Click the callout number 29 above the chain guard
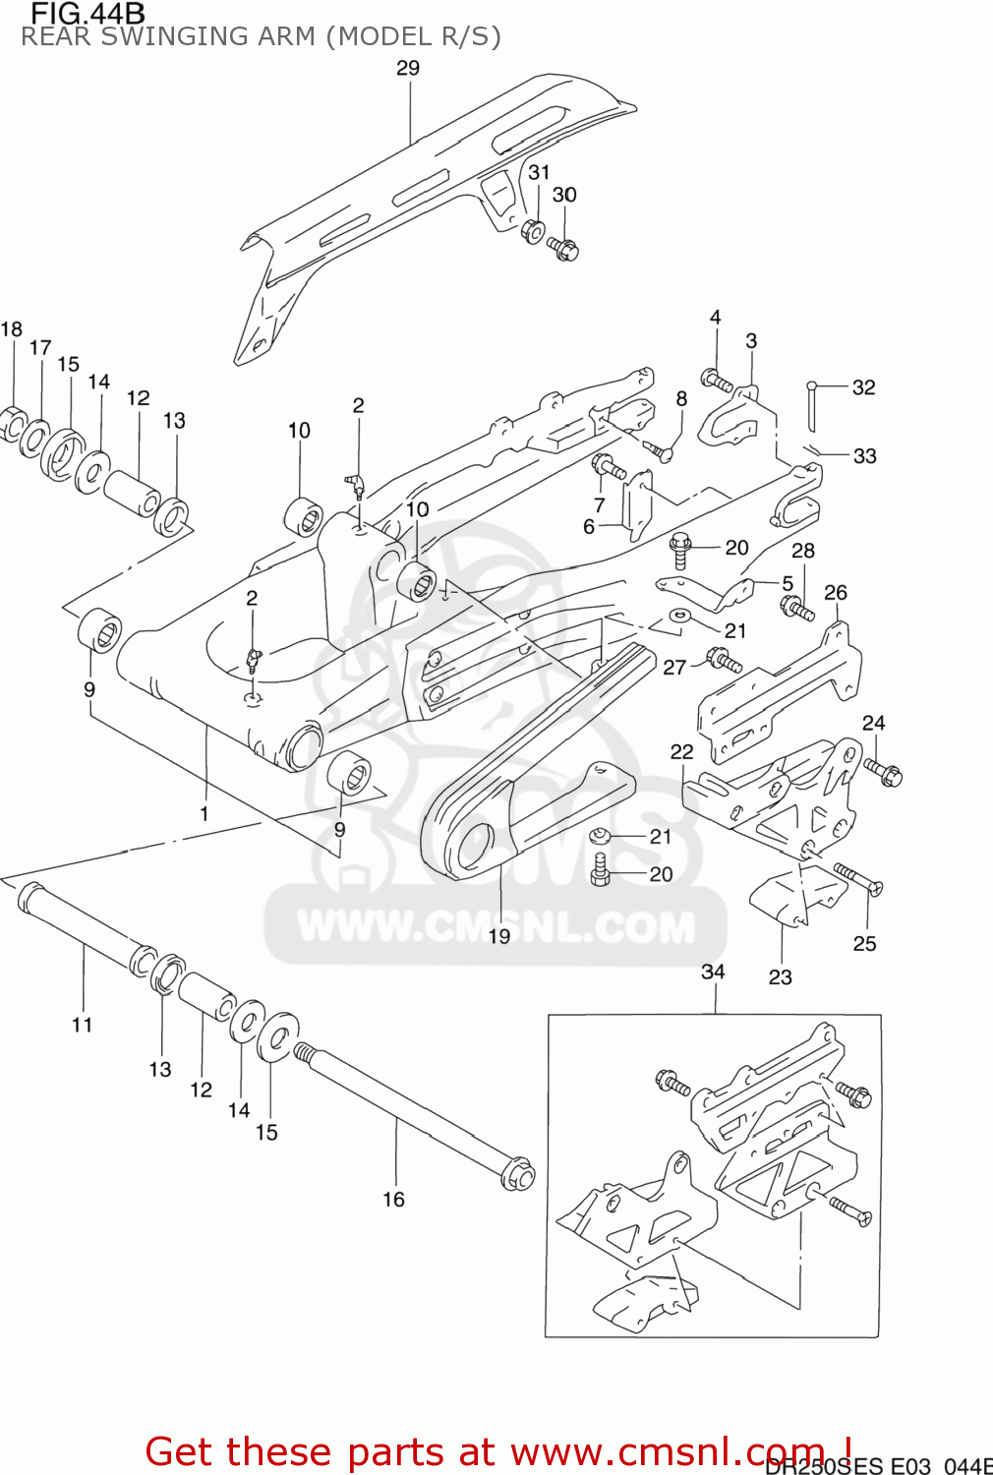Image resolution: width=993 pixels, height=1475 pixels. pyautogui.click(x=408, y=68)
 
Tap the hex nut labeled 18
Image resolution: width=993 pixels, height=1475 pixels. pyautogui.click(x=11, y=424)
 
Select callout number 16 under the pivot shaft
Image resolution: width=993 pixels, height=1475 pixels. pyautogui.click(x=393, y=1199)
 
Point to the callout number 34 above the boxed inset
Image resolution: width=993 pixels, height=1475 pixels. pyautogui.click(x=713, y=972)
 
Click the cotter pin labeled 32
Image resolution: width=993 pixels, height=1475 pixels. pyautogui.click(x=813, y=404)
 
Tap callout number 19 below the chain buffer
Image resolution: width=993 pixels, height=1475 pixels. pyautogui.click(x=499, y=936)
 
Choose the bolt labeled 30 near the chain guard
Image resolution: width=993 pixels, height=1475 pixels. pyautogui.click(x=563, y=248)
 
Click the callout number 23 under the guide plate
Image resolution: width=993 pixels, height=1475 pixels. pyautogui.click(x=780, y=976)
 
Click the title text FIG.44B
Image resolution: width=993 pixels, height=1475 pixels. pyautogui.click(x=88, y=14)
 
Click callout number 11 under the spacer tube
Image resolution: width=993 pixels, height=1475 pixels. pyautogui.click(x=82, y=1025)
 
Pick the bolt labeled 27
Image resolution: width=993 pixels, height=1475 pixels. pyautogui.click(x=725, y=658)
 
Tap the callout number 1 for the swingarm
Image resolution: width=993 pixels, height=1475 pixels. pyautogui.click(x=204, y=813)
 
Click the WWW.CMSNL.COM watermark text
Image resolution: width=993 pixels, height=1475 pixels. pyautogui.click(x=496, y=927)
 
